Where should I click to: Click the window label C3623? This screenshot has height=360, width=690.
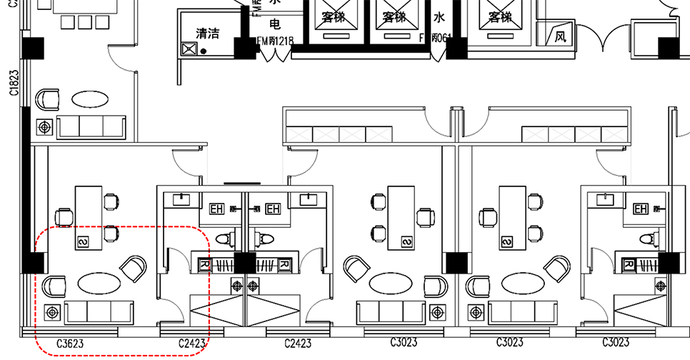pyautogui.click(x=69, y=344)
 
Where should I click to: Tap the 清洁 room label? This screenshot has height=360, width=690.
pyautogui.click(x=208, y=33)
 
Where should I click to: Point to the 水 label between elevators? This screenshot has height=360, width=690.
pyautogui.click(x=438, y=17)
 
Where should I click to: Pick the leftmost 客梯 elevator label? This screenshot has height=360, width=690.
pyautogui.click(x=333, y=16)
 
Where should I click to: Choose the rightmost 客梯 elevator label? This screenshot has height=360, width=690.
pyautogui.click(x=500, y=16)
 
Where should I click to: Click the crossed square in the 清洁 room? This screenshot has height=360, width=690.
pyautogui.click(x=189, y=49)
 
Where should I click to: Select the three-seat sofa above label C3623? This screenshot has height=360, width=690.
pyautogui.click(x=99, y=311)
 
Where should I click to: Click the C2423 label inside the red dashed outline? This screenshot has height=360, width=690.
pyautogui.click(x=191, y=344)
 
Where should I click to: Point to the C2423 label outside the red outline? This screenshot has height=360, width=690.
pyautogui.click(x=297, y=344)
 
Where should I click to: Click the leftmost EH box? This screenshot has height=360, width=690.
pyautogui.click(x=216, y=209)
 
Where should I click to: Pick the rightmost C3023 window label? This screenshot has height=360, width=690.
pyautogui.click(x=615, y=343)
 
